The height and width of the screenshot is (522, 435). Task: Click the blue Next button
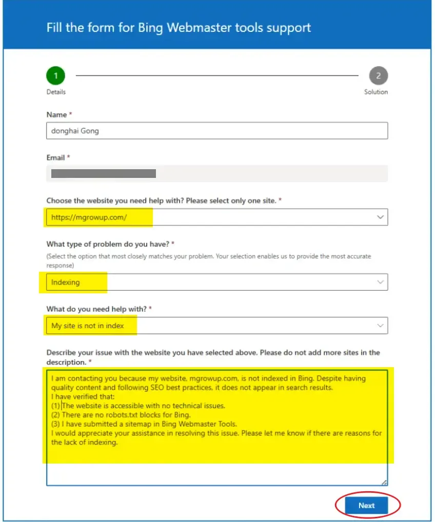tap(366, 506)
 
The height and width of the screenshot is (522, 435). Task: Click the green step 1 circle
tap(56, 76)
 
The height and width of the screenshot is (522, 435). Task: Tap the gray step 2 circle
tap(378, 76)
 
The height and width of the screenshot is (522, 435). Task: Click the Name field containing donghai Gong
tap(216, 131)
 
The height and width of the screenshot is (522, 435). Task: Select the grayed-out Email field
tap(216, 174)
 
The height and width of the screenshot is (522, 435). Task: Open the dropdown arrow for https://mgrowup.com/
tap(380, 217)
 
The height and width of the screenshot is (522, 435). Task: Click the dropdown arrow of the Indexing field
tap(380, 282)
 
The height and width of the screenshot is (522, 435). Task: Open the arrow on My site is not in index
tap(380, 326)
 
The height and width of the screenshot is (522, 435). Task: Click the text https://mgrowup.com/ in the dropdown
tap(89, 217)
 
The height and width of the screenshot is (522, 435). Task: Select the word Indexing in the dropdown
tap(66, 282)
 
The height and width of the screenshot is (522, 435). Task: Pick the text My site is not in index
tap(87, 326)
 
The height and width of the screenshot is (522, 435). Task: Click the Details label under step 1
tap(56, 92)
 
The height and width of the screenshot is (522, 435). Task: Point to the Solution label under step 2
tap(376, 92)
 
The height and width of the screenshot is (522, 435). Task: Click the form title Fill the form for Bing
tap(179, 27)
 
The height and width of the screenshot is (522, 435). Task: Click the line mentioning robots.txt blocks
tap(126, 415)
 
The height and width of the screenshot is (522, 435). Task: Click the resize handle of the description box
tap(384, 482)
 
